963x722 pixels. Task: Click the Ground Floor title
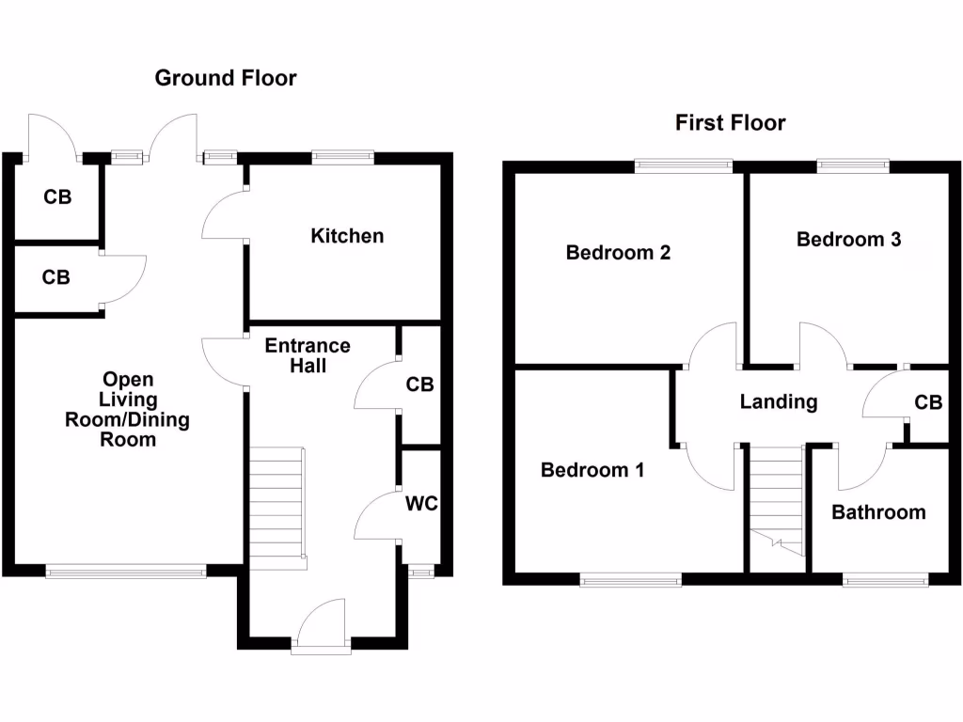pos(226,78)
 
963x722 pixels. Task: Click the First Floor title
pos(730,122)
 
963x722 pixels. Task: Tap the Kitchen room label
pos(347,235)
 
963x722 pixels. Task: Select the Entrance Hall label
pos(308,355)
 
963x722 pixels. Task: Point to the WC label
pos(421,504)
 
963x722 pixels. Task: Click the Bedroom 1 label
pos(592,470)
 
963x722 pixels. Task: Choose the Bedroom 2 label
pos(618,252)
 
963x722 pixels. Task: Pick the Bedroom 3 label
pos(848,239)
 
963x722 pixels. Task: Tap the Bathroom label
pos(878,512)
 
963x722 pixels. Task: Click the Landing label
pos(778,402)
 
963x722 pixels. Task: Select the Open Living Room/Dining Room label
pos(128,409)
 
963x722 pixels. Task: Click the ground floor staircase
pos(276,509)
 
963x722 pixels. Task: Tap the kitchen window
pos(343,157)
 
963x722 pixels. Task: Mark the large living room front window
pos(125,570)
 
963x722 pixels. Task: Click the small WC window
pos(419,571)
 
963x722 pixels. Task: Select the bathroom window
pos(885,581)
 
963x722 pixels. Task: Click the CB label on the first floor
pos(928,402)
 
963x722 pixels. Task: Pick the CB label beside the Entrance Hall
pos(419,385)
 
